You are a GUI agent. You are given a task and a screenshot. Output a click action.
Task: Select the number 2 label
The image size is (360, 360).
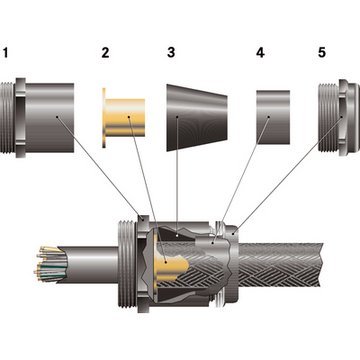click(107, 52)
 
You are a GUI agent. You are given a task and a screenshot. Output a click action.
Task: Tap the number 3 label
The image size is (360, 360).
click(171, 52)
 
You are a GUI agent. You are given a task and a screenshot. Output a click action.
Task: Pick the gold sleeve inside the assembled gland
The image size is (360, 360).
click(169, 264)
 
